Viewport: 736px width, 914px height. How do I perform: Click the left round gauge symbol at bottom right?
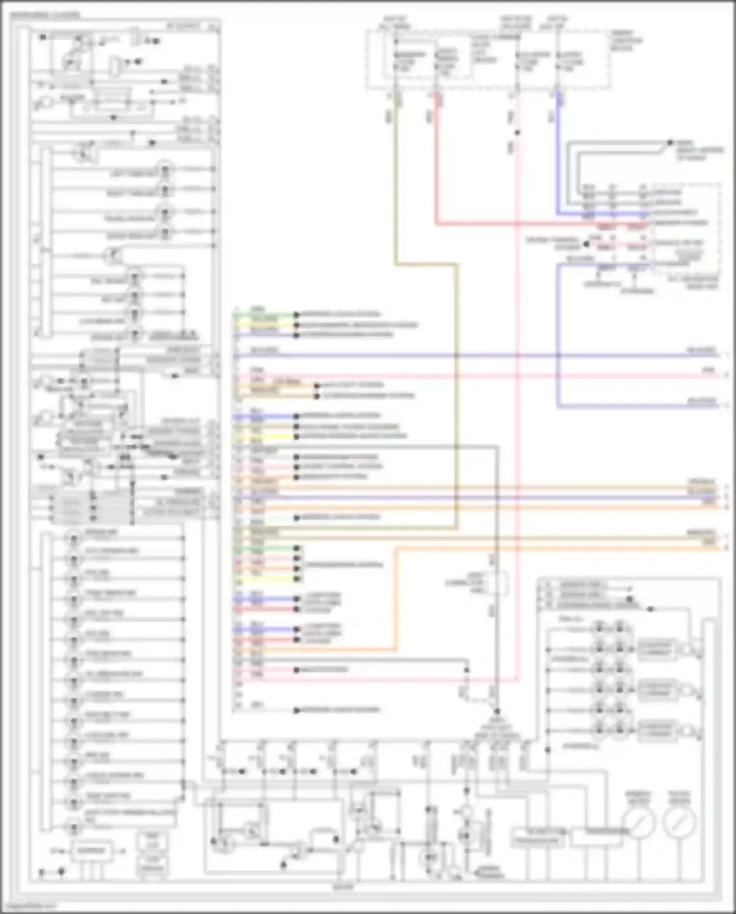(638, 822)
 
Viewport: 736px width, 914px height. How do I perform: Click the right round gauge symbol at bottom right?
(680, 822)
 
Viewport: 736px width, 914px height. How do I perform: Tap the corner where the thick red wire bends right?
(436, 224)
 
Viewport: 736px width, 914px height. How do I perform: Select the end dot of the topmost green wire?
(296, 314)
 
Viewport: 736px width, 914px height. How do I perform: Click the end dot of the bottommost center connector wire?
(296, 710)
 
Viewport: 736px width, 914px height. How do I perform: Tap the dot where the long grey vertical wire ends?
(497, 711)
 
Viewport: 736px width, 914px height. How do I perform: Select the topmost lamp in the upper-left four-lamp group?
(165, 170)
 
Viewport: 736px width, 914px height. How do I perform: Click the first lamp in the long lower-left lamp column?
(74, 538)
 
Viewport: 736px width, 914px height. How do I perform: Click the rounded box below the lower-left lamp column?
(91, 851)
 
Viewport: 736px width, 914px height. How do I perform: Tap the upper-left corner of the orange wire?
(395, 549)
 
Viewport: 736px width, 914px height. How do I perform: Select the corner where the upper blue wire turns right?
(558, 214)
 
